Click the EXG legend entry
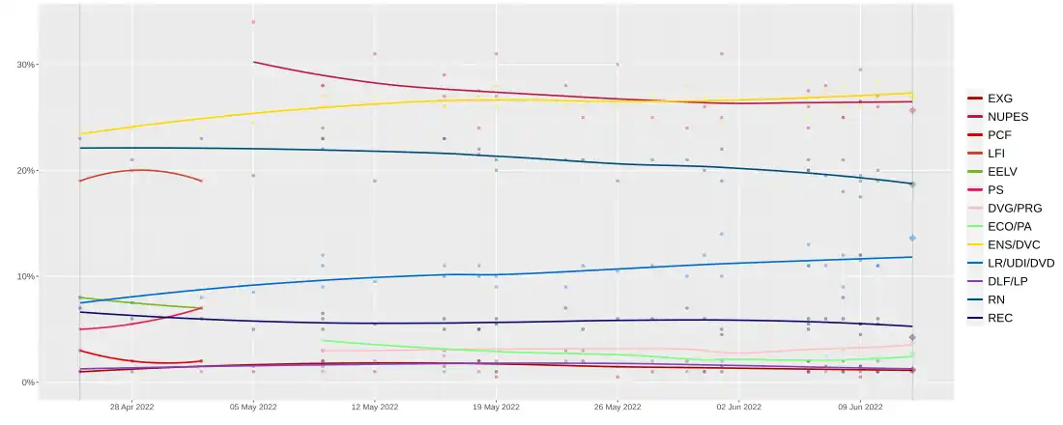[x=1000, y=98]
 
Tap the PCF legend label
[x=1000, y=134]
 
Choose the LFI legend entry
[x=998, y=153]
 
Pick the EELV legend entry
[x=1002, y=171]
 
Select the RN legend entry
[x=997, y=299]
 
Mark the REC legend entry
[x=1000, y=318]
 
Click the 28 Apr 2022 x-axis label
[x=132, y=408]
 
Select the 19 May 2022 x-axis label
[x=496, y=408]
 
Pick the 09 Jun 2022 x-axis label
[x=860, y=408]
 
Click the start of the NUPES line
[x=253, y=62]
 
